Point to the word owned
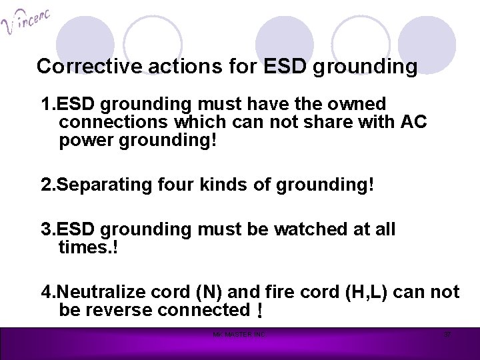[357, 105]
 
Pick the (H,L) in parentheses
[355, 291]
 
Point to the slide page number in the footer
[447, 334]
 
